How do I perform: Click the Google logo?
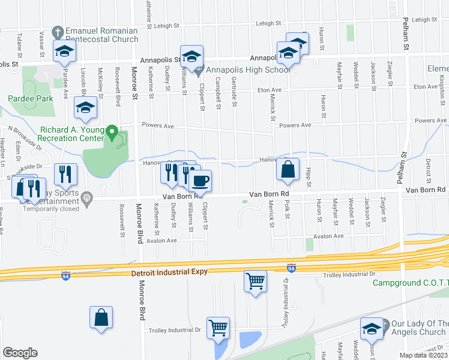click(x=20, y=352)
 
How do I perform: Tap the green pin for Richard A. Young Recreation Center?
click(x=111, y=130)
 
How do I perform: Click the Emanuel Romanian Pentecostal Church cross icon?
click(x=58, y=31)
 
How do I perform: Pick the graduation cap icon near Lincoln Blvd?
click(x=85, y=109)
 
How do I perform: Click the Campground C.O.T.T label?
click(x=411, y=283)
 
